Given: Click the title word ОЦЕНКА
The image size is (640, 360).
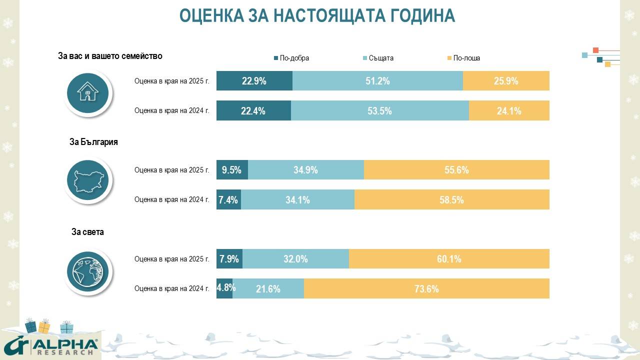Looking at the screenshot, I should pyautogui.click(x=211, y=15).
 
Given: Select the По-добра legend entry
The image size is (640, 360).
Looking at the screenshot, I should pyautogui.click(x=291, y=58).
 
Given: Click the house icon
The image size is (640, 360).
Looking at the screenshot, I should pyautogui.click(x=87, y=92).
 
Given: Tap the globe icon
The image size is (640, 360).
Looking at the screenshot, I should pyautogui.click(x=87, y=271).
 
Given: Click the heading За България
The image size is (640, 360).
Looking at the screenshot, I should pyautogui.click(x=93, y=142).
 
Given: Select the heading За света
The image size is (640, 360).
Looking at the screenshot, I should pyautogui.click(x=87, y=231).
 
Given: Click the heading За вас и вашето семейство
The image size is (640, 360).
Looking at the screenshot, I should pyautogui.click(x=110, y=56).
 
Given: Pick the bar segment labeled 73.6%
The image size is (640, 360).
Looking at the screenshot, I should pyautogui.click(x=426, y=288).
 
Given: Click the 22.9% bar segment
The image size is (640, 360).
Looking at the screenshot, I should pyautogui.click(x=254, y=81).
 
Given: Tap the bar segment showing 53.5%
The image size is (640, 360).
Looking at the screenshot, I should pyautogui.click(x=379, y=111).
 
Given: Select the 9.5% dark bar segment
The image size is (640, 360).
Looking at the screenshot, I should pyautogui.click(x=232, y=170).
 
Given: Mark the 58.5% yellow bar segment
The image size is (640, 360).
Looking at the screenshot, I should pyautogui.click(x=451, y=200).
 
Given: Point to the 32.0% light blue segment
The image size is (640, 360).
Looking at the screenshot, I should pyautogui.click(x=295, y=259).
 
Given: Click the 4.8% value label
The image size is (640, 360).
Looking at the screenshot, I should pyautogui.click(x=226, y=287).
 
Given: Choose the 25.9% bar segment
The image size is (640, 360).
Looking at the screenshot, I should pyautogui.click(x=506, y=81).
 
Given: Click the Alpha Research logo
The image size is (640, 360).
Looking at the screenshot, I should pyautogui.click(x=50, y=346).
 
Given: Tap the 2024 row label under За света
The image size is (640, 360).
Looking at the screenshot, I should pyautogui.click(x=171, y=288).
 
